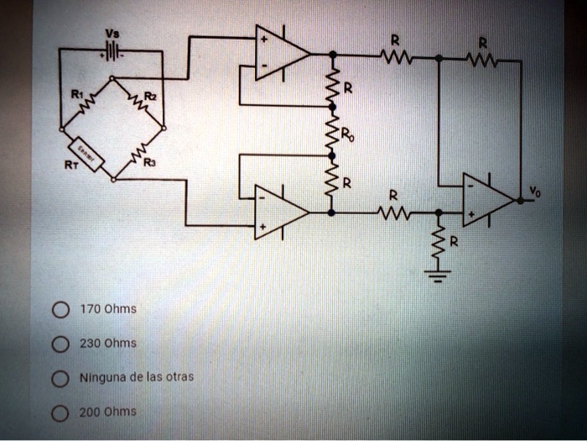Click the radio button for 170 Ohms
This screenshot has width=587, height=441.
tap(59, 310)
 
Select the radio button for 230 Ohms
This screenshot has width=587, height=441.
tap(59, 344)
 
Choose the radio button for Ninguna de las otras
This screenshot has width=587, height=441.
tap(59, 377)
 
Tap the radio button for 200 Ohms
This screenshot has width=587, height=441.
tap(59, 412)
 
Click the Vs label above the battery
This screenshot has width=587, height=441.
tap(111, 34)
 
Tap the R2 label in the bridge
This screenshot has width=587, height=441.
tap(150, 97)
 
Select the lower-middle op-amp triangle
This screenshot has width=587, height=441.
tap(280, 212)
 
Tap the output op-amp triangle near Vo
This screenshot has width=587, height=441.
tap(487, 200)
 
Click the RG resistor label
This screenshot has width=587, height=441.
tap(346, 137)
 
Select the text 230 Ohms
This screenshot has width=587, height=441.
tap(108, 344)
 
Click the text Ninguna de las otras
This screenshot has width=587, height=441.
tap(137, 377)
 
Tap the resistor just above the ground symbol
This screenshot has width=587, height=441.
tap(437, 244)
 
